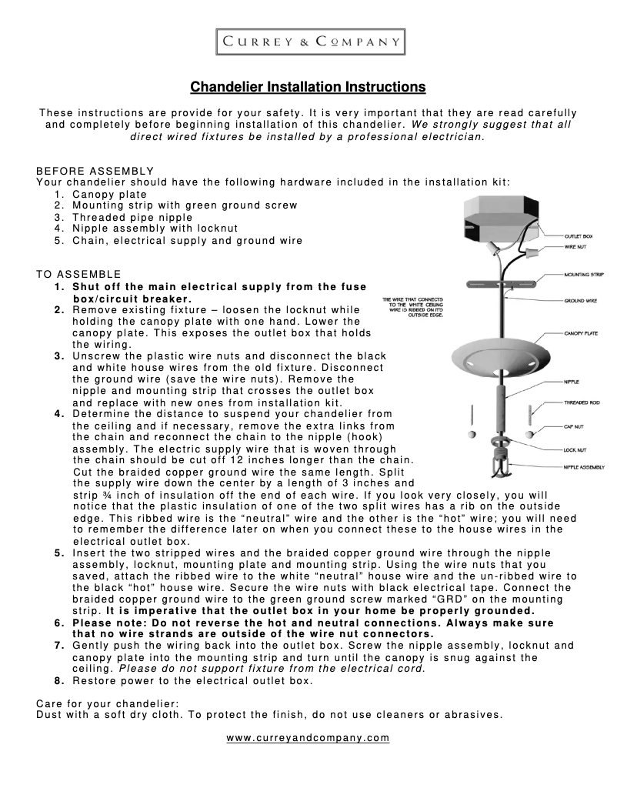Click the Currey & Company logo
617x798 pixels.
pyautogui.click(x=308, y=42)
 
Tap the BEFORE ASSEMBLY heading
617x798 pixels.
pyautogui.click(x=95, y=171)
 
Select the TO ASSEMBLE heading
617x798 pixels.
pyautogui.click(x=78, y=274)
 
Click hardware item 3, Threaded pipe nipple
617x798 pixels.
pyautogui.click(x=132, y=217)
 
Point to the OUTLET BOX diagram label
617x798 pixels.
pyautogui.click(x=578, y=235)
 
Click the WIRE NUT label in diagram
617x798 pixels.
pyautogui.click(x=575, y=247)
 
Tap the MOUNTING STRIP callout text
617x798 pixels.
pyautogui.click(x=583, y=274)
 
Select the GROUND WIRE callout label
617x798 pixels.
pyautogui.click(x=580, y=301)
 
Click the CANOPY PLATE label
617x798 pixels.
pyautogui.click(x=582, y=335)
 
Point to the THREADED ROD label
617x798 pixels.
pyautogui.click(x=582, y=402)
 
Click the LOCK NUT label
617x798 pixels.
pyautogui.click(x=575, y=449)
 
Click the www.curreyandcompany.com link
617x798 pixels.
pyautogui.click(x=308, y=738)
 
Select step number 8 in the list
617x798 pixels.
pyautogui.click(x=59, y=681)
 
